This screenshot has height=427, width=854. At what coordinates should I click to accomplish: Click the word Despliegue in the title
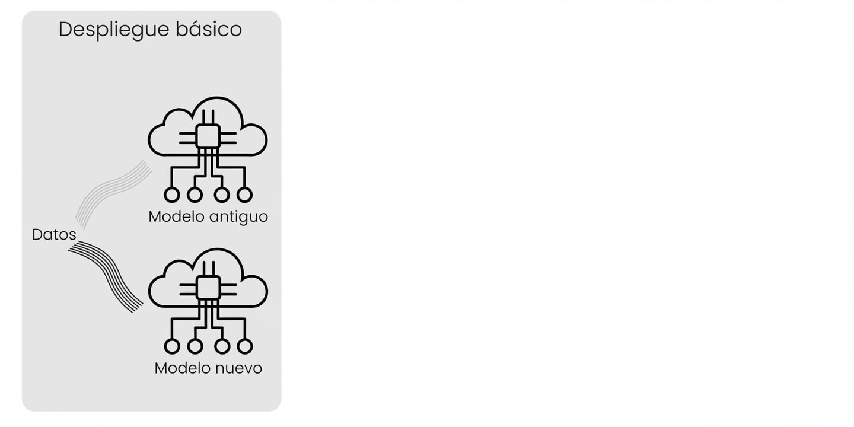(114, 30)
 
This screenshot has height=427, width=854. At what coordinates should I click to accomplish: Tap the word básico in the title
(209, 29)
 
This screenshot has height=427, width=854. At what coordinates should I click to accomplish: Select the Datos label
(54, 234)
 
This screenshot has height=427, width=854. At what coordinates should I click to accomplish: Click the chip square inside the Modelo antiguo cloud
(208, 136)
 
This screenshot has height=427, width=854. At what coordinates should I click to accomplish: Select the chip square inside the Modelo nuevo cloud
(208, 288)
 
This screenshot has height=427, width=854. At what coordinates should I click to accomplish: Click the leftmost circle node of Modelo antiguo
(172, 195)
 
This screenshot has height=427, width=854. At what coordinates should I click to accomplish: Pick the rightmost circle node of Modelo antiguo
(245, 195)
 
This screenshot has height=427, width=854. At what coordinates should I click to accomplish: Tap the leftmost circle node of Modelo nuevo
(172, 346)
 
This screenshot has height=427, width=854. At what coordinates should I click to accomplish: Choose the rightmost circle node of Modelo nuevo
(245, 346)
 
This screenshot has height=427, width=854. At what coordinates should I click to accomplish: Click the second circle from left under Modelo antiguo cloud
(195, 195)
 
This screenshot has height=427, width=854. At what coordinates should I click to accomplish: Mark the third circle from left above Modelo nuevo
(222, 195)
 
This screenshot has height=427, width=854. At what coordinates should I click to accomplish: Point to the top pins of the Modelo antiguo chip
(208, 117)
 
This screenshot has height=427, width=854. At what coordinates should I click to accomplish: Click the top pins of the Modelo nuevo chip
(208, 269)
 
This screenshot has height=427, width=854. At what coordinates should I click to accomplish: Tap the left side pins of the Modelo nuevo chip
(187, 290)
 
